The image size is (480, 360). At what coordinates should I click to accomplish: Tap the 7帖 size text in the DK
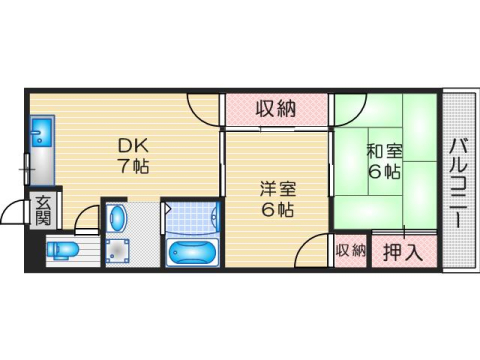pyautogui.click(x=131, y=165)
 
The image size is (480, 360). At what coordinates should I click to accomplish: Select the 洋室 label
pyautogui.click(x=278, y=187)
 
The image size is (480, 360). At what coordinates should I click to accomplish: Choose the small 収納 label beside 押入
pyautogui.click(x=351, y=251)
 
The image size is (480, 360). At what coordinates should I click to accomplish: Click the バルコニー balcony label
pyautogui.click(x=458, y=181)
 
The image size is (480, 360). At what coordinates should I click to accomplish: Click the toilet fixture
pyautogui.click(x=62, y=249)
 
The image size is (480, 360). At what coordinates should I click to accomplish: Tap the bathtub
pyautogui.click(x=194, y=250)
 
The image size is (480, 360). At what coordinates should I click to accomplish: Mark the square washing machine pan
pyautogui.click(x=119, y=251)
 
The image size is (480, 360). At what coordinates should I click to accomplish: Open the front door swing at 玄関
pyautogui.click(x=15, y=213)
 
